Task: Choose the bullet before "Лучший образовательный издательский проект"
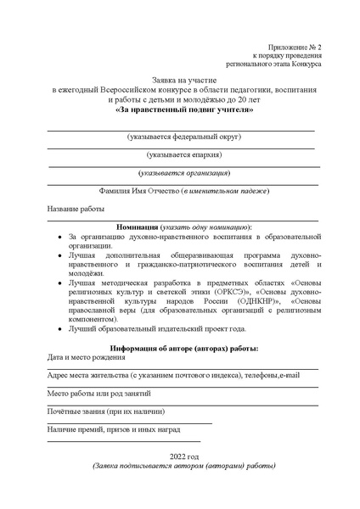57,328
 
